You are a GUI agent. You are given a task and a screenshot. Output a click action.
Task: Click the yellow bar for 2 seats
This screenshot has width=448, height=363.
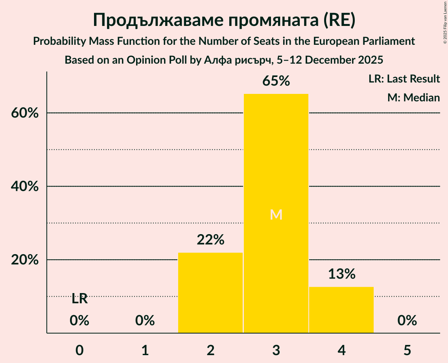210,293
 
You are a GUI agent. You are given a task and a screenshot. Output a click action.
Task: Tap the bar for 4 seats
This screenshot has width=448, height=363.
341,310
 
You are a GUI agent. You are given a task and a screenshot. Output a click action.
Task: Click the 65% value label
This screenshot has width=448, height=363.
276,81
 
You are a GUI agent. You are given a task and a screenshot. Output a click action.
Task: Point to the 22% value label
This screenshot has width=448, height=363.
210,240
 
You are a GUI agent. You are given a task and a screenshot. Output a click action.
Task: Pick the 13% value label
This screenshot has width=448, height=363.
341,274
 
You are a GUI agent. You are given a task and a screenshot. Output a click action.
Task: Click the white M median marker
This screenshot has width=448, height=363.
276,214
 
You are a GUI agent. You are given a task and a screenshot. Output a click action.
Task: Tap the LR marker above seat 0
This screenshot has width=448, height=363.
79,299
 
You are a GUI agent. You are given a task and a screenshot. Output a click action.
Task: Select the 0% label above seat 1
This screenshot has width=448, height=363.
145,321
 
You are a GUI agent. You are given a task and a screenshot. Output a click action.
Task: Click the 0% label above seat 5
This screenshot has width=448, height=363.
407,321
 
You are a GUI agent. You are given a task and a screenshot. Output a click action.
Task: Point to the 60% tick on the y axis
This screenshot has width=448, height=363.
24,113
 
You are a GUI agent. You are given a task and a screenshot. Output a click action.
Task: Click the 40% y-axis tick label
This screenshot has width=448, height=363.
24,187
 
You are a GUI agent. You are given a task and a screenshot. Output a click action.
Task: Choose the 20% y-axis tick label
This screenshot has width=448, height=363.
24,260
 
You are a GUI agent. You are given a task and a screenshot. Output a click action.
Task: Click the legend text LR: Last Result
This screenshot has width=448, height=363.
404,79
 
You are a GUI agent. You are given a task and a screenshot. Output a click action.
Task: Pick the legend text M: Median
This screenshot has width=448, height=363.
413,97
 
